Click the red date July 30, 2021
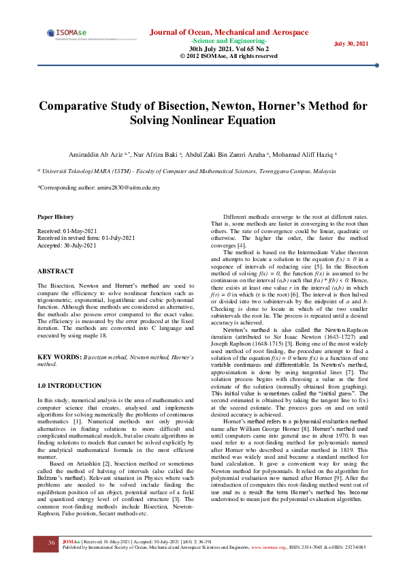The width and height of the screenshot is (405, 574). click(x=351, y=44)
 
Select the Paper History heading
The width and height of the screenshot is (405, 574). click(x=55, y=217)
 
